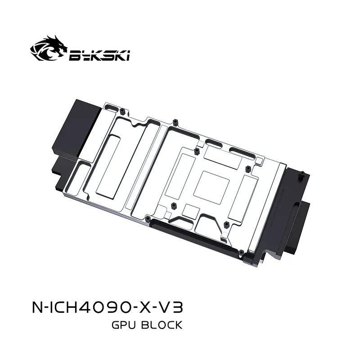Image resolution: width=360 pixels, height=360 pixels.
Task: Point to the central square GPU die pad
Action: (x=215, y=184)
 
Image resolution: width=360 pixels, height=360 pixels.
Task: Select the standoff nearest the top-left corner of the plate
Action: (x=122, y=110)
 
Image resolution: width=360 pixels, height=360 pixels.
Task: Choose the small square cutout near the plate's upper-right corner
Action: (x=259, y=160)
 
